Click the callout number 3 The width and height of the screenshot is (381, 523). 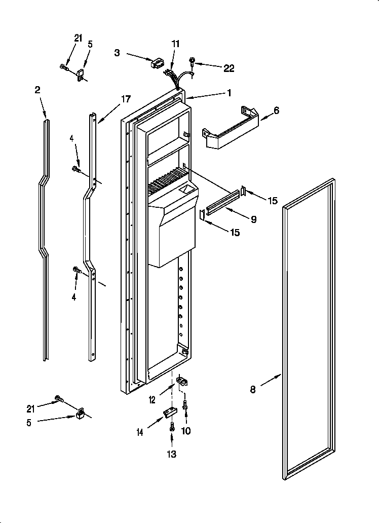point(117,52)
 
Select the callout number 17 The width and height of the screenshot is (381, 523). point(126,100)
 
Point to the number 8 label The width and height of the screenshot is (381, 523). point(253,389)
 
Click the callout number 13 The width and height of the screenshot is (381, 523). point(172,454)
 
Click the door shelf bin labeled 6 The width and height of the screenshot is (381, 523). point(231,129)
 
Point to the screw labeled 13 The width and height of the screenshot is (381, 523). point(172,427)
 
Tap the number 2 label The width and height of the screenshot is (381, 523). point(37,90)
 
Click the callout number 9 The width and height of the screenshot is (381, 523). point(253,219)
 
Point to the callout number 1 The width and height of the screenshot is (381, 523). point(229,93)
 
